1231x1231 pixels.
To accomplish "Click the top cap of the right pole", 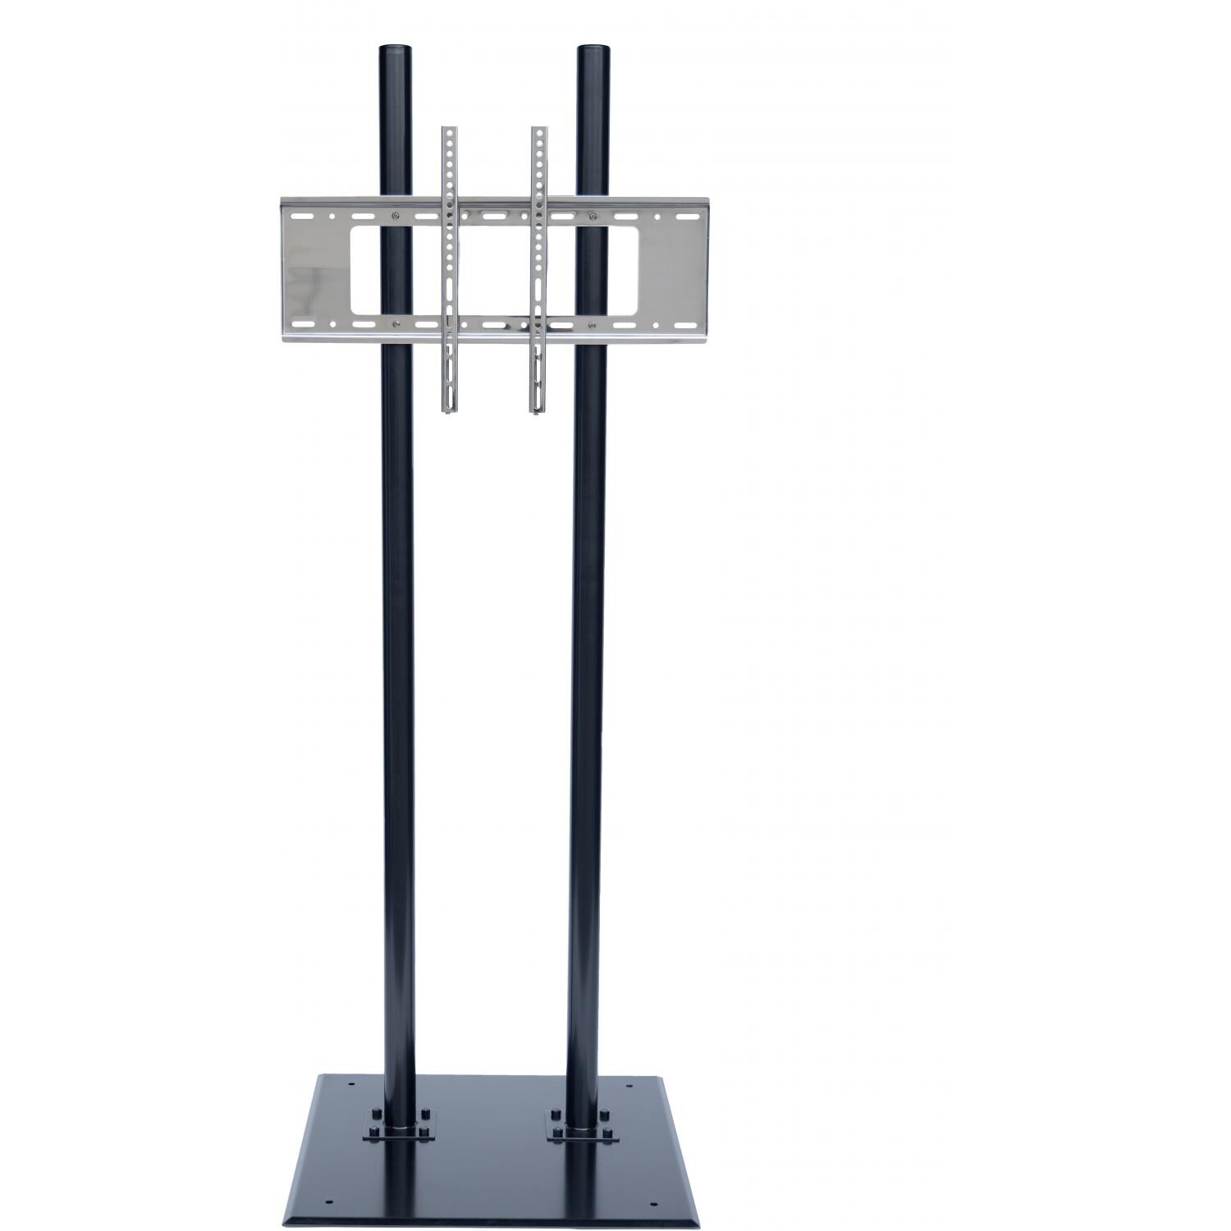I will [x=593, y=48].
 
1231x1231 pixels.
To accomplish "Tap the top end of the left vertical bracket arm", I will [x=448, y=130].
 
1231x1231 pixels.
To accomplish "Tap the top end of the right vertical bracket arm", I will [x=538, y=130].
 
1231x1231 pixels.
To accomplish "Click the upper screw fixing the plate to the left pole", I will [x=396, y=217].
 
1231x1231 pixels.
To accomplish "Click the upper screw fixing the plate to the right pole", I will [x=593, y=217].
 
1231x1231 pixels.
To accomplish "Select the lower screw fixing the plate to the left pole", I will [x=396, y=324].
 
